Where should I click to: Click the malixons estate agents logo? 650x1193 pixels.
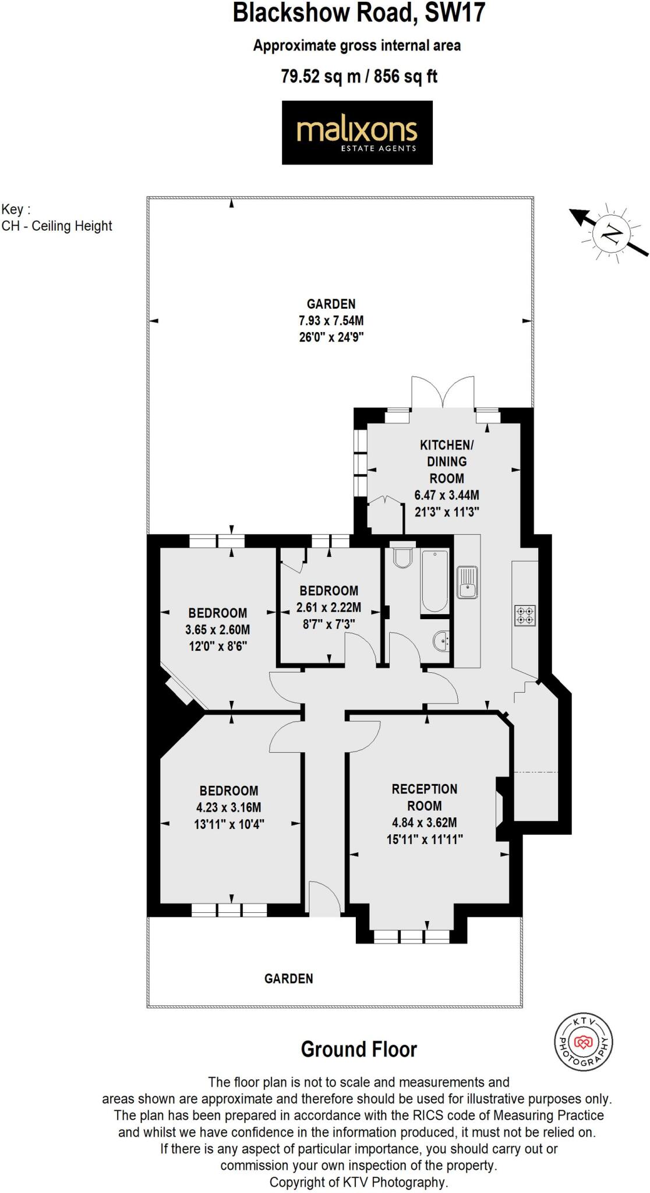click(357, 132)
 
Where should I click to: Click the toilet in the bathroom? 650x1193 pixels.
click(402, 556)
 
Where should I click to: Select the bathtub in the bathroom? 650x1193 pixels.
click(434, 581)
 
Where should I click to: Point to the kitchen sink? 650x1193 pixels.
click(467, 582)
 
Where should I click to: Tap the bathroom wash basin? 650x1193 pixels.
click(441, 643)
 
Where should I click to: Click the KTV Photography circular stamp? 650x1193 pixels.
click(582, 1042)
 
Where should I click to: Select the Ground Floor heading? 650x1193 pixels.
click(359, 1049)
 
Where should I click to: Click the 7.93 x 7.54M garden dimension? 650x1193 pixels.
click(331, 320)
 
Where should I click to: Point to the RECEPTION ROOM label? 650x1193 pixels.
click(424, 797)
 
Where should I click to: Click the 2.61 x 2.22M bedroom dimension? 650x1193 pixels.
click(328, 608)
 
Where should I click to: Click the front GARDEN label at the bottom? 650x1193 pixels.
click(288, 979)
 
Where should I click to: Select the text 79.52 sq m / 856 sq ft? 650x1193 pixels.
click(359, 76)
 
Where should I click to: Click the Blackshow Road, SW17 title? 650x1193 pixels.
click(359, 13)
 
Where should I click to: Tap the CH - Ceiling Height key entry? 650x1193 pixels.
click(56, 226)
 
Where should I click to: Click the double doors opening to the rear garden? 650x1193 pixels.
click(442, 393)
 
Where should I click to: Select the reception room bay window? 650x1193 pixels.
click(411, 936)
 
